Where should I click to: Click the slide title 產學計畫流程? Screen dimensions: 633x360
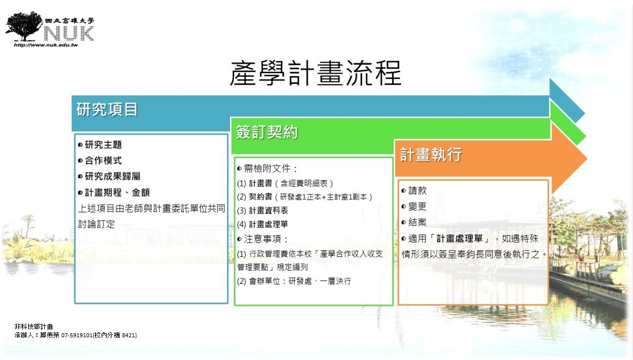(316, 73)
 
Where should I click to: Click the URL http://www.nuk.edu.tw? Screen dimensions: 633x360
(45, 45)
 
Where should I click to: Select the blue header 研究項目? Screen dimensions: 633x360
(107, 110)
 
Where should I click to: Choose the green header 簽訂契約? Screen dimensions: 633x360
(267, 132)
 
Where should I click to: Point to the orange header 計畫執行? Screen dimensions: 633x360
(431, 154)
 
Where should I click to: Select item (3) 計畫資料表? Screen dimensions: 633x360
(262, 210)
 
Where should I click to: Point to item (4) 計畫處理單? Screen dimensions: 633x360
(262, 224)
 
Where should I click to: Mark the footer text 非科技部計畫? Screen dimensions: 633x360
(34, 326)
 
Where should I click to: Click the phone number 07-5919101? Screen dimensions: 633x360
(77, 335)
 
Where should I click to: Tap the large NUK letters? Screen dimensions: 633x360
(69, 33)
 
